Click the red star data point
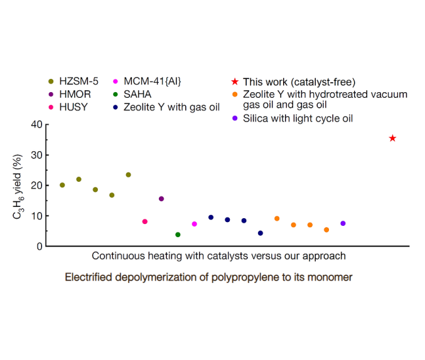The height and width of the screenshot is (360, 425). tap(392, 138)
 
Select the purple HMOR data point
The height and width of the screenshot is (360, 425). tap(161, 199)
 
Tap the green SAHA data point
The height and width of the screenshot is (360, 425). tap(178, 235)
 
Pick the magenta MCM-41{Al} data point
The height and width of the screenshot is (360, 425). tap(194, 224)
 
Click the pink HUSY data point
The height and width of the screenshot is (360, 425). tap(145, 221)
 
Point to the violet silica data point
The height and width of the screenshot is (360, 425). tap(343, 223)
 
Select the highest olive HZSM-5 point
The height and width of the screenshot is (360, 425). tap(128, 174)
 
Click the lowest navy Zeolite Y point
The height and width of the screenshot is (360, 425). tap(261, 233)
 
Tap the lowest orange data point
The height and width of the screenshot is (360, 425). tap(326, 230)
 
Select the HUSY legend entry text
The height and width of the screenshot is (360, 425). tap(73, 107)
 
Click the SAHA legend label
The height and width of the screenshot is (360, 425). tap(137, 94)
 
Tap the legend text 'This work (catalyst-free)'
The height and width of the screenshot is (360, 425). tap(299, 82)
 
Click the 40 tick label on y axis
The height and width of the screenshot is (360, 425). tap(36, 124)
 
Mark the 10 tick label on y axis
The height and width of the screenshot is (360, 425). tap(36, 216)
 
